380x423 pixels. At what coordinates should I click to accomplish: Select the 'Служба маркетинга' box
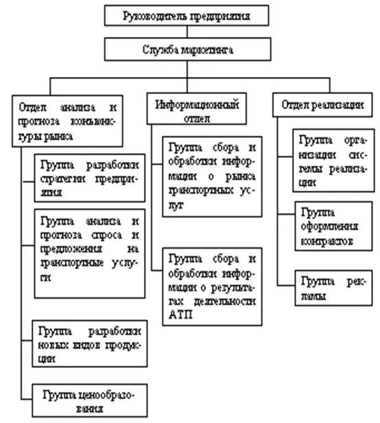[186, 49]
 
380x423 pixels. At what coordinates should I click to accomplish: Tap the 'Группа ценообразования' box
[88, 402]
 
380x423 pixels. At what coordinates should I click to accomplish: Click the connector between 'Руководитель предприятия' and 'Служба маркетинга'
[186, 32]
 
